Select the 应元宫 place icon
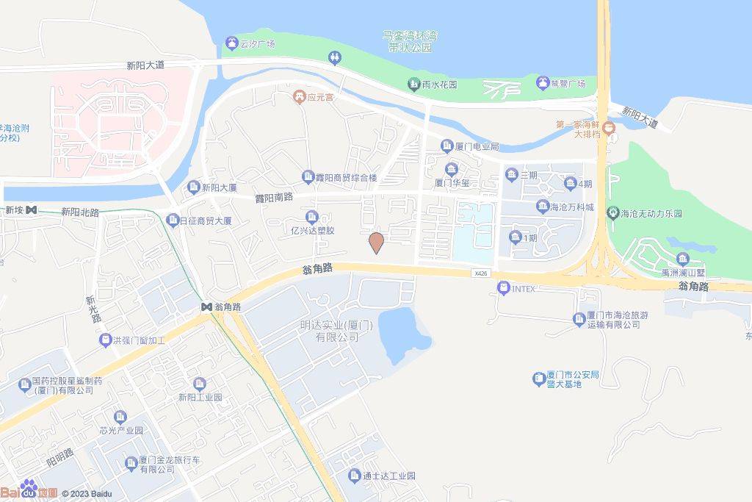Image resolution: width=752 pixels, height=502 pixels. (x=300, y=96)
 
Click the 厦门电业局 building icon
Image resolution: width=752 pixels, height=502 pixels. (x=446, y=146)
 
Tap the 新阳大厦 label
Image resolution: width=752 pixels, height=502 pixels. (x=219, y=188)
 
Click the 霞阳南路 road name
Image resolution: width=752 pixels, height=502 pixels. (x=274, y=197)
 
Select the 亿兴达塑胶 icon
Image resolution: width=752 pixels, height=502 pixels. (x=312, y=216)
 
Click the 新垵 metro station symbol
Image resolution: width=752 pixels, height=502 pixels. (x=31, y=210)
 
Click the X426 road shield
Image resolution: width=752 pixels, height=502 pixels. (x=480, y=273)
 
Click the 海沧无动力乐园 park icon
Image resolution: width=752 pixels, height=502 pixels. (x=613, y=214)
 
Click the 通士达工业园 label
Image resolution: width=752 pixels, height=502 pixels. (x=389, y=476)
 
